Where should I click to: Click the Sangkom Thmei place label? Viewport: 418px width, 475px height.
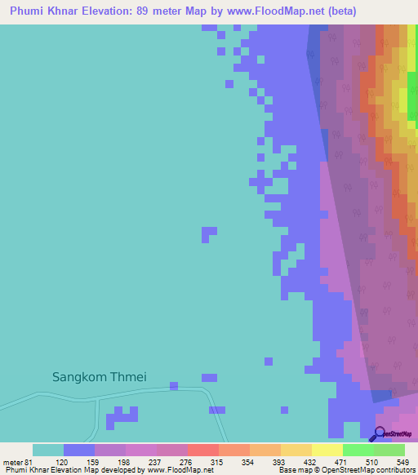click(99, 377)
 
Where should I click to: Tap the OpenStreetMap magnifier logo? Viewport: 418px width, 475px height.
click(380, 434)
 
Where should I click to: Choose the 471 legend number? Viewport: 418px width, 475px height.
click(343, 462)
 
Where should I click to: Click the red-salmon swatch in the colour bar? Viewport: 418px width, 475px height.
click(202, 450)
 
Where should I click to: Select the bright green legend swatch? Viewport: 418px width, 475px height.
click(358, 450)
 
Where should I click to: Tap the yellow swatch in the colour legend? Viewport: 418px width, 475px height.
click(327, 450)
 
